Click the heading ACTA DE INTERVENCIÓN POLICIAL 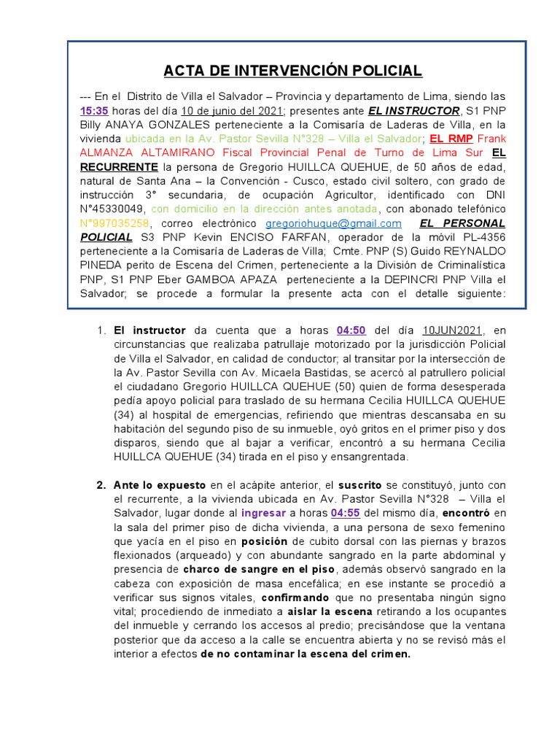(293, 71)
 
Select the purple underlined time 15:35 (94, 110)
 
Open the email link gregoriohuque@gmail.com (333, 223)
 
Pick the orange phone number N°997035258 (114, 223)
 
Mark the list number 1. (101, 330)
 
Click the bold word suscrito (362, 485)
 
